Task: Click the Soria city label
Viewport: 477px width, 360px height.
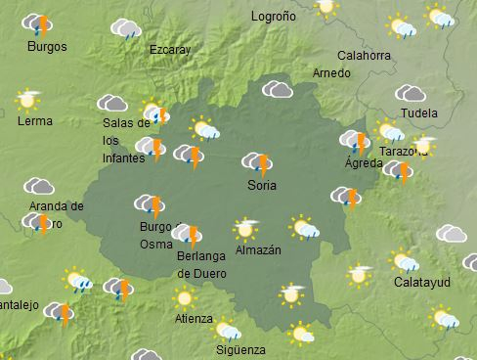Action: [262, 185]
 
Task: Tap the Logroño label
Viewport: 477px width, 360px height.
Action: [273, 17]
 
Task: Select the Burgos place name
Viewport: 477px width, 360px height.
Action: [47, 47]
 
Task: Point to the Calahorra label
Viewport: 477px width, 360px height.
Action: [362, 55]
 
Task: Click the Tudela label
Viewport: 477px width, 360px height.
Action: [419, 113]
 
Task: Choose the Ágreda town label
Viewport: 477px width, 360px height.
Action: [364, 163]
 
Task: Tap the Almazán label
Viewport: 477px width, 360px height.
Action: [258, 250]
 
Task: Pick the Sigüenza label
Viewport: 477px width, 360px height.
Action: [240, 348]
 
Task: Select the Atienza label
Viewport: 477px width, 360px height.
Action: [193, 318]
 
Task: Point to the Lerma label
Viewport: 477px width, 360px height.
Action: [35, 121]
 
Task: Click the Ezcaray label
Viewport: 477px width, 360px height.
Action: [171, 49]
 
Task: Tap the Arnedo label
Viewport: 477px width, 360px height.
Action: [330, 73]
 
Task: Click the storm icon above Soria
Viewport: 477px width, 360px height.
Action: [257, 162]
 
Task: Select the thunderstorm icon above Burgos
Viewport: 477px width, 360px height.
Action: [37, 24]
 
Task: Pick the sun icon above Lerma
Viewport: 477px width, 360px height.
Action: [28, 99]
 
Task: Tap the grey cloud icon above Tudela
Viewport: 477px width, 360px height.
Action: [410, 94]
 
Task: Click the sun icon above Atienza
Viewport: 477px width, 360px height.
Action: [184, 297]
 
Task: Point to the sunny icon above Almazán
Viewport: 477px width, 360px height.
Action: [245, 229]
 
